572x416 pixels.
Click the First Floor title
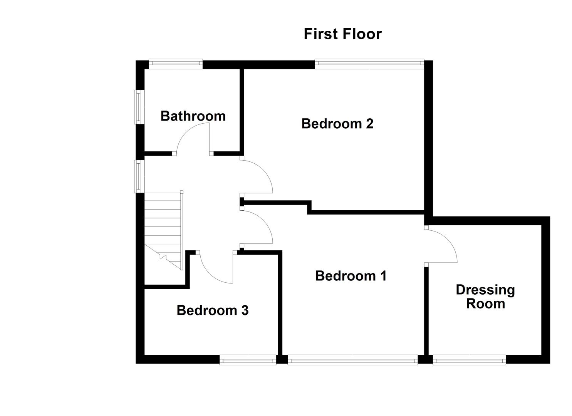click(342, 34)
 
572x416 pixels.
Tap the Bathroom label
click(193, 116)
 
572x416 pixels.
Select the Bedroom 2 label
click(337, 124)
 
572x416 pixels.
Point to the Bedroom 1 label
click(351, 276)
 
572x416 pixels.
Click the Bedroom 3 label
click(213, 310)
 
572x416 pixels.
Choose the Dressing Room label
click(485, 297)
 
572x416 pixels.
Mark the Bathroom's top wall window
click(176, 64)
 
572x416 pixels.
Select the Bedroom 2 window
click(369, 64)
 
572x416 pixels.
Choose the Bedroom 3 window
click(248, 361)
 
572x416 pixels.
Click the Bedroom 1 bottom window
click(352, 361)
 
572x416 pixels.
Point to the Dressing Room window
click(469, 361)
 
